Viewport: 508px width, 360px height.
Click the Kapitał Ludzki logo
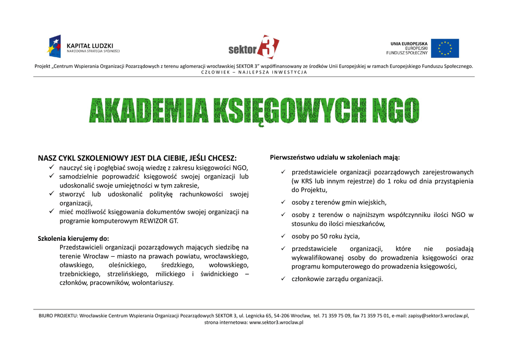coord(83,47)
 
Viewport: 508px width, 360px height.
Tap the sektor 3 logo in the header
coord(254,47)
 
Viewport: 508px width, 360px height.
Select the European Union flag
coord(444,48)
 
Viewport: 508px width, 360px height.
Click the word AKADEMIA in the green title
coord(148,110)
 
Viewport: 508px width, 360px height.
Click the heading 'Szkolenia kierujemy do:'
coord(73,238)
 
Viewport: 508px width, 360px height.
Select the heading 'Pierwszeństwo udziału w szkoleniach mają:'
coord(335,157)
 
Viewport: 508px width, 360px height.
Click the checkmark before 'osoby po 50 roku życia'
coord(282,236)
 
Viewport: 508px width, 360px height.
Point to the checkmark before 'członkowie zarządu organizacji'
coord(282,279)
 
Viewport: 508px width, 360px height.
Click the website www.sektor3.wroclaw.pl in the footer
coord(276,322)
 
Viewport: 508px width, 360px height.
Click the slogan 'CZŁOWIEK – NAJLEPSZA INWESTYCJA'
coord(254,72)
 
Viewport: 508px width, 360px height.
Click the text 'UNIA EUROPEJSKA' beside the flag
coord(409,44)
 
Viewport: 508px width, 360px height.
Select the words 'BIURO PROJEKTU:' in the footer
coord(59,315)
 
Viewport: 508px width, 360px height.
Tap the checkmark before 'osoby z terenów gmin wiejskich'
coord(282,203)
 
